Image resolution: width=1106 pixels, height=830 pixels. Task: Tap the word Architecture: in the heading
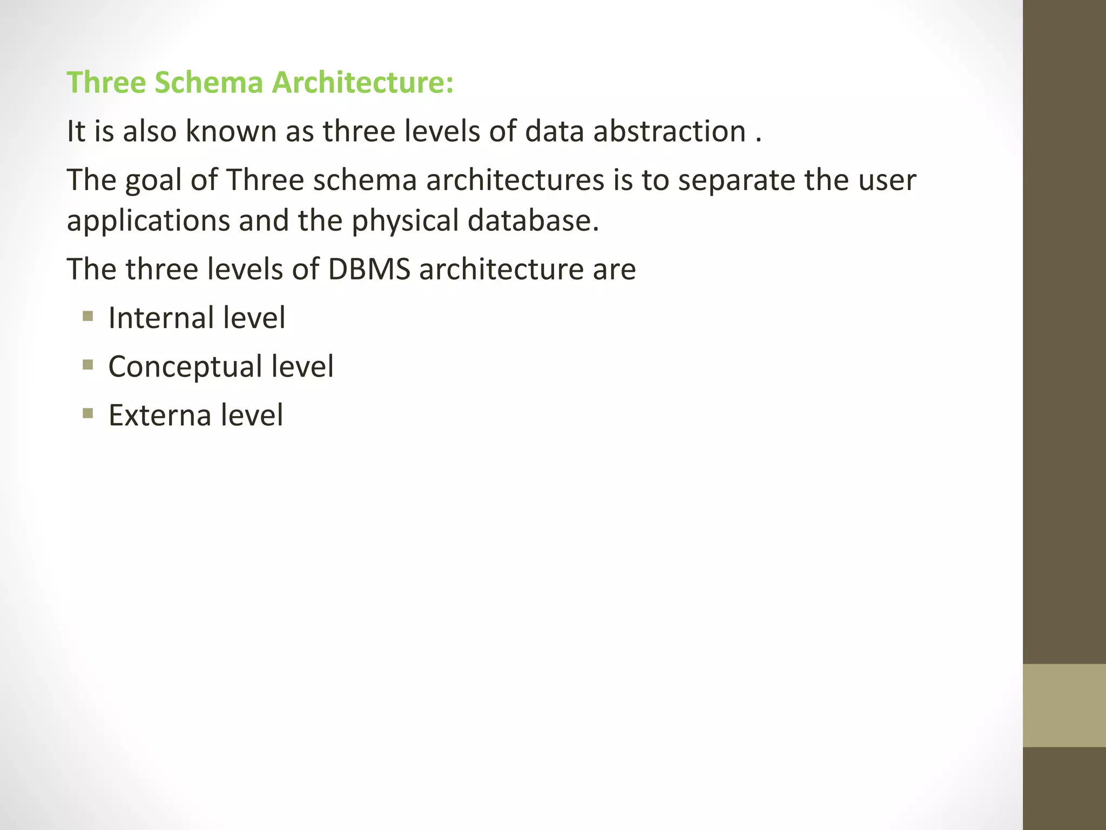pyautogui.click(x=362, y=83)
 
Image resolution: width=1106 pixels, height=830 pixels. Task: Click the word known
pyautogui.click(x=231, y=131)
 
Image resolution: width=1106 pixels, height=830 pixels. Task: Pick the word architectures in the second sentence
pyautogui.click(x=515, y=180)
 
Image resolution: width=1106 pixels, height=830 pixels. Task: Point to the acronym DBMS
pyautogui.click(x=369, y=269)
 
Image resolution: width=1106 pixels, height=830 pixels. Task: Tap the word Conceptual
pyautogui.click(x=185, y=367)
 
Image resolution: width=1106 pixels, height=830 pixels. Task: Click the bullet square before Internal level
pyautogui.click(x=88, y=316)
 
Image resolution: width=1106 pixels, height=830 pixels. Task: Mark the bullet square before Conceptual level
pyautogui.click(x=88, y=365)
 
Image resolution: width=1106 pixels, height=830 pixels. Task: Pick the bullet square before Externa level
pyautogui.click(x=88, y=413)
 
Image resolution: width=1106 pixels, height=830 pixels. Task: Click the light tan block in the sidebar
pyautogui.click(x=1064, y=705)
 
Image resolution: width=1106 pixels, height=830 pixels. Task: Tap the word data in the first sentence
pyautogui.click(x=554, y=131)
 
